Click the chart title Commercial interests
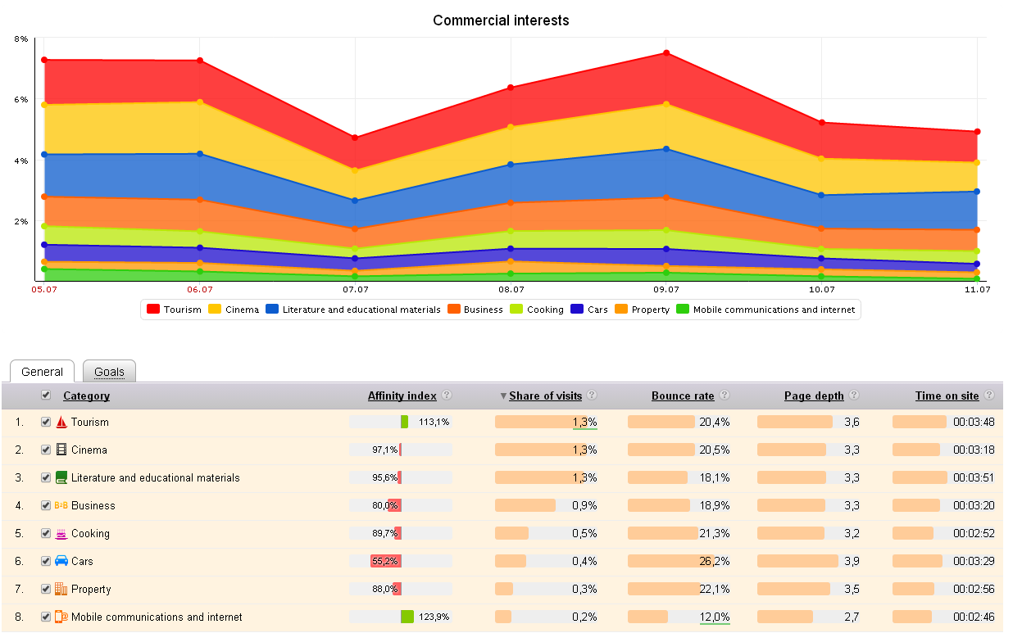point(501,20)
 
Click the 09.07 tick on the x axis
point(666,289)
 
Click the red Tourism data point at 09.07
point(666,53)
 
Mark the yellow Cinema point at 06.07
point(199,102)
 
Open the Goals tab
point(109,372)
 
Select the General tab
point(42,372)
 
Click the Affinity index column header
point(402,396)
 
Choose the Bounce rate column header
point(683,396)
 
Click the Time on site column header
point(947,396)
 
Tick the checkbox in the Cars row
point(46,561)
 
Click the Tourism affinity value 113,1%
point(434,423)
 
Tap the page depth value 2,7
point(852,617)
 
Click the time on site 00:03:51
point(974,478)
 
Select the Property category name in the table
point(91,590)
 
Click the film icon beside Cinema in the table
point(61,450)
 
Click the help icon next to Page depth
point(854,395)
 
